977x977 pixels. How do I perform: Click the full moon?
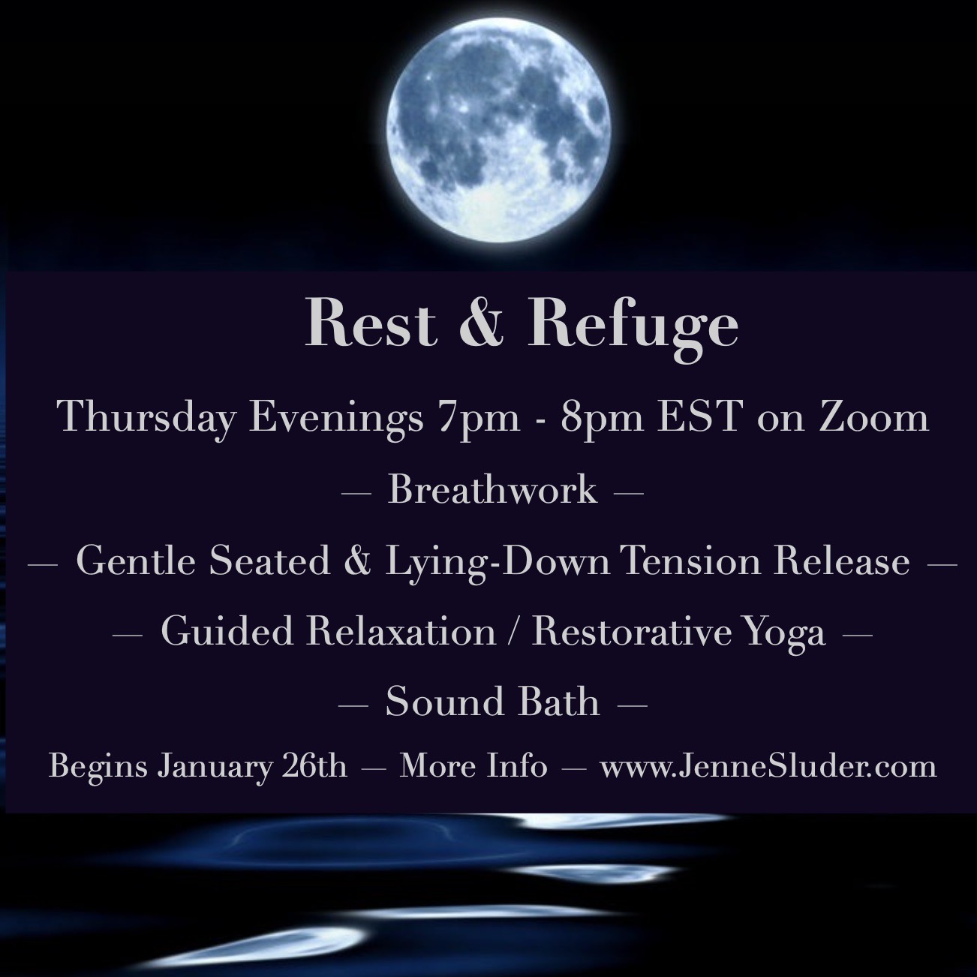pos(498,130)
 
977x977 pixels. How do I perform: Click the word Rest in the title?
pos(371,322)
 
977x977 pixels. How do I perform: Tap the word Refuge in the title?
pos(633,329)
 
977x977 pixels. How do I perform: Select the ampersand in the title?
pos(482,323)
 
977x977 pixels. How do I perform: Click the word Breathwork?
pos(493,490)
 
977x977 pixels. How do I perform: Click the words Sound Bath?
pos(493,702)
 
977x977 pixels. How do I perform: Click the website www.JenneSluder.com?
pos(768,766)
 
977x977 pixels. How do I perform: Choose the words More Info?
pos(473,766)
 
